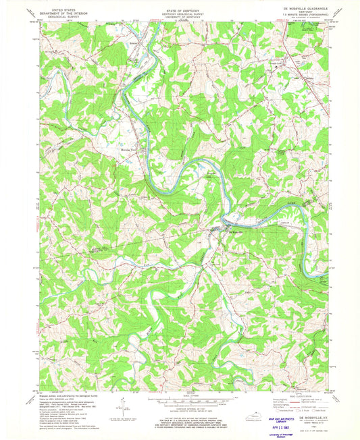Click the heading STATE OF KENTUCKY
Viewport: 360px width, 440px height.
[180, 7]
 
